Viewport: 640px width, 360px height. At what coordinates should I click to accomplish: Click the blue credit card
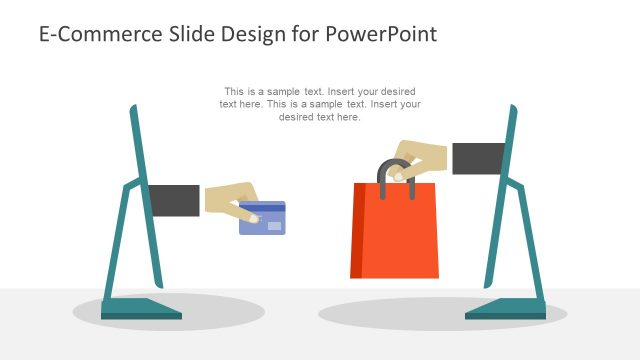(262, 221)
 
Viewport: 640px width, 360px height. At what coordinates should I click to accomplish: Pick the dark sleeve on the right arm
(478, 158)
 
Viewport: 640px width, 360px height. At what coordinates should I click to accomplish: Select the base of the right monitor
(505, 309)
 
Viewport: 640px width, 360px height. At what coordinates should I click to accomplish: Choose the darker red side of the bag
(356, 230)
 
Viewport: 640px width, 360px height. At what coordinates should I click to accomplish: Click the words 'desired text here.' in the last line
(320, 117)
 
